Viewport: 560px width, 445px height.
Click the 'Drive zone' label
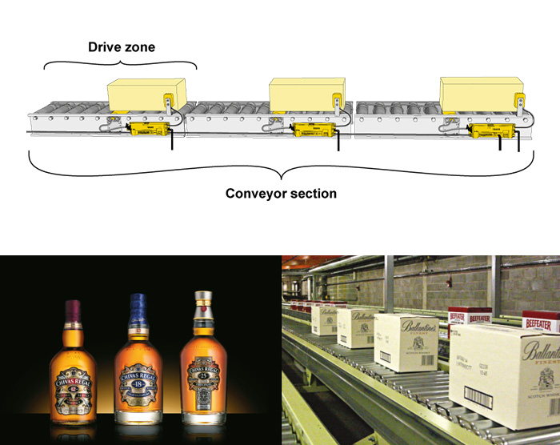coord(122,47)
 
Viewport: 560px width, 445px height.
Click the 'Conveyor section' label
coord(281,194)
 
